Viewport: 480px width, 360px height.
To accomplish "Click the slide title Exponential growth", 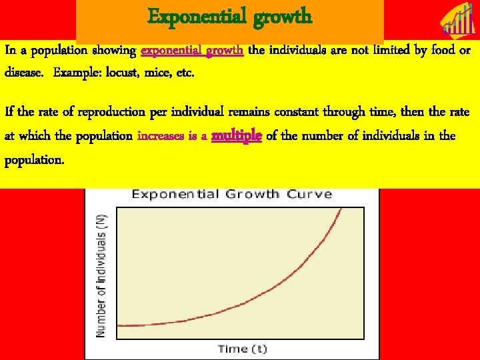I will point(229,16).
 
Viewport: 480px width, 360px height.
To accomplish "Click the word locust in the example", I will point(121,72).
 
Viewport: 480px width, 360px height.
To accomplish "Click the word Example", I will point(73,72).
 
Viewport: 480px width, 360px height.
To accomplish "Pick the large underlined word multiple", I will point(237,135).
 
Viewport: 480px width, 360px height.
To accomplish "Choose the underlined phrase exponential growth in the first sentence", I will point(193,51).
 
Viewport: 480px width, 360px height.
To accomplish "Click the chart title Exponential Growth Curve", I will point(231,194).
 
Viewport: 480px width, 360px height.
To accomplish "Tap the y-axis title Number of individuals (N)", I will point(102,275).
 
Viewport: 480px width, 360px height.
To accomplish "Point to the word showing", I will point(115,51).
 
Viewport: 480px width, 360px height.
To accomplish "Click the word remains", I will point(212,112).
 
